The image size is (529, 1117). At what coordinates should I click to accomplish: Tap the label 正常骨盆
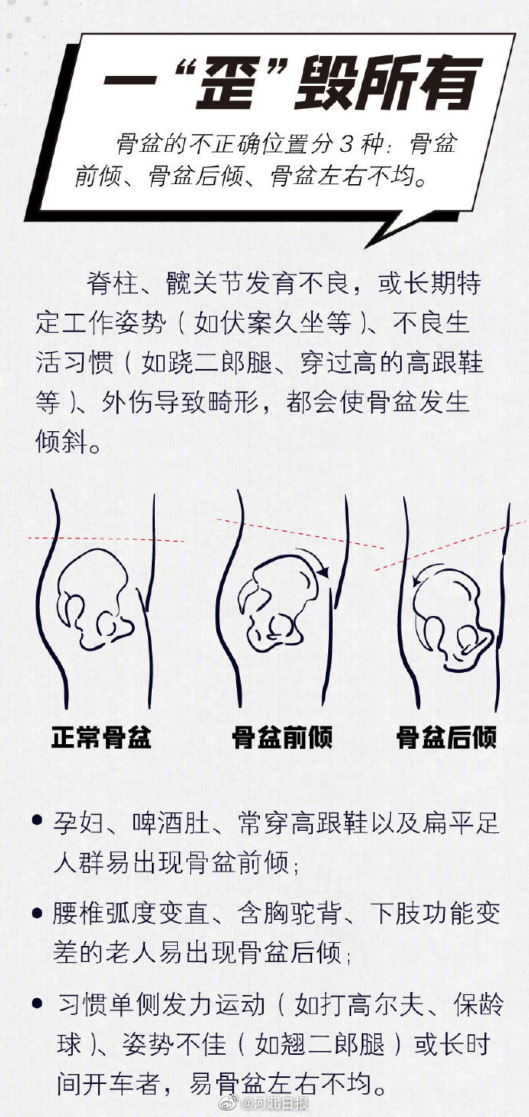[101, 737]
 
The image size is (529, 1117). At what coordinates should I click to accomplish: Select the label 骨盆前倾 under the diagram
[282, 737]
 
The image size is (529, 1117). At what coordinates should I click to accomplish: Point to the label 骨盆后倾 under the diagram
[446, 737]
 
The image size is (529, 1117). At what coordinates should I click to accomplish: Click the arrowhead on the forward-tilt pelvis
[324, 572]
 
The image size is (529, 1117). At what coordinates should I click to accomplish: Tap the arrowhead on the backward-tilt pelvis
[417, 579]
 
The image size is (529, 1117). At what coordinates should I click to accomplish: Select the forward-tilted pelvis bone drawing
[279, 603]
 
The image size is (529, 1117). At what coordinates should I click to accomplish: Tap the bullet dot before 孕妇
[37, 820]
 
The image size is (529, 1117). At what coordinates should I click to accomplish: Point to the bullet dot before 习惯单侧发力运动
[37, 1003]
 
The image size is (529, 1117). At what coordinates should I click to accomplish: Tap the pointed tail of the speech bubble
[367, 245]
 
